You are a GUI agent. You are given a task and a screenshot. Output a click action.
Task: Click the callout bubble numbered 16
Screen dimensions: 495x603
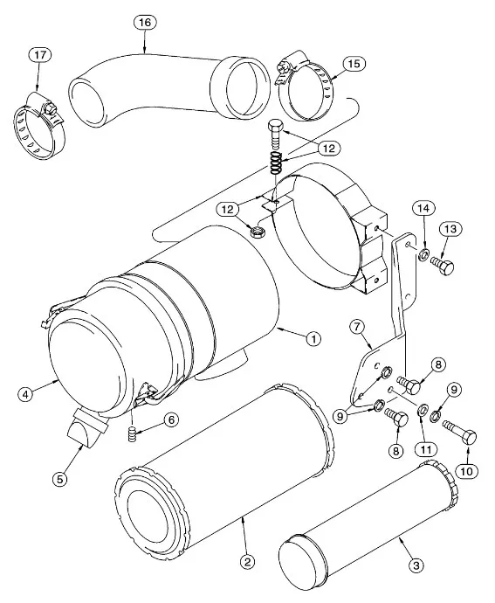(x=145, y=23)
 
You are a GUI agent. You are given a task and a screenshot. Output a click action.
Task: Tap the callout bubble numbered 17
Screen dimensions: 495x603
(x=40, y=55)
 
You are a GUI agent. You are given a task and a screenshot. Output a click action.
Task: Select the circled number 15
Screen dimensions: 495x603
(x=354, y=63)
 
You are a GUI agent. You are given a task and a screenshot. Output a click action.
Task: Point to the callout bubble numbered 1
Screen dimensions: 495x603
(x=313, y=339)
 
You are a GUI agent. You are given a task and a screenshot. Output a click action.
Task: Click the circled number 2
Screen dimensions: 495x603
(x=247, y=562)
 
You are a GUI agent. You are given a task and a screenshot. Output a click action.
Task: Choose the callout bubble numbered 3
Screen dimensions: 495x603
(x=416, y=565)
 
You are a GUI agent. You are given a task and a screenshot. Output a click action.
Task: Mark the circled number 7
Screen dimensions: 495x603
(x=357, y=327)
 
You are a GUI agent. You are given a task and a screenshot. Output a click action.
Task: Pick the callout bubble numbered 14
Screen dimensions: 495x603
(x=424, y=209)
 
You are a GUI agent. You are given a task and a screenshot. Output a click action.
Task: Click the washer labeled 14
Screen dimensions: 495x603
(x=424, y=254)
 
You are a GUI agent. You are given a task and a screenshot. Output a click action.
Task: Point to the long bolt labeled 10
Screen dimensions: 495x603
(x=459, y=432)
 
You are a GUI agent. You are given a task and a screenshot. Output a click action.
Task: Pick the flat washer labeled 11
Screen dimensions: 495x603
(x=423, y=408)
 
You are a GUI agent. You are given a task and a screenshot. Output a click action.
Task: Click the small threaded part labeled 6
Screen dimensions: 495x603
(x=132, y=435)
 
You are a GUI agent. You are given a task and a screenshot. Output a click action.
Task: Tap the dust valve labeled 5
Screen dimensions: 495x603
(x=86, y=428)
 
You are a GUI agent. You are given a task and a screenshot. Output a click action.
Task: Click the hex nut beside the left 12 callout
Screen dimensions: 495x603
(x=255, y=232)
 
